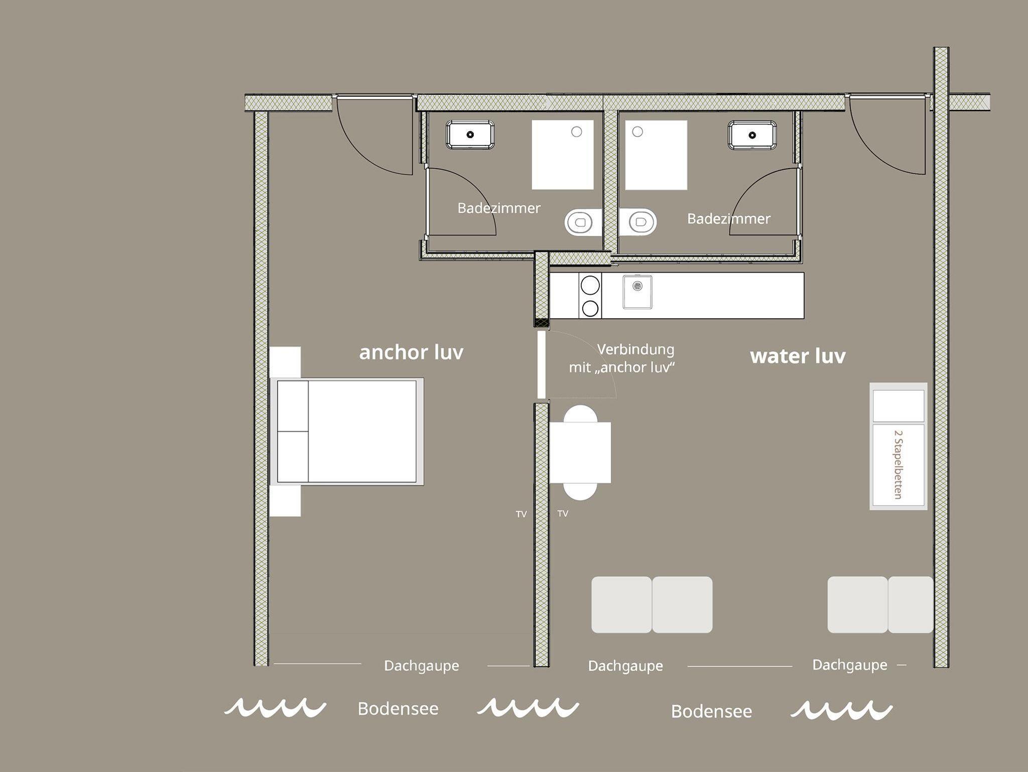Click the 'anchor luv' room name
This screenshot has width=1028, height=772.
[x=411, y=352]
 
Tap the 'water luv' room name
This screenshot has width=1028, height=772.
[x=798, y=356]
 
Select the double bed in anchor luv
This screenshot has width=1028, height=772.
[x=347, y=432]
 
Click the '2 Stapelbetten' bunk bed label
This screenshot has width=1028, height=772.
[x=898, y=464]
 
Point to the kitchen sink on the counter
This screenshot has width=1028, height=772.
[x=637, y=292]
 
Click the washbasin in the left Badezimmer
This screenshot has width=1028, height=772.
[x=470, y=134]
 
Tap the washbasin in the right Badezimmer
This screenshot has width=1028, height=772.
[x=752, y=135]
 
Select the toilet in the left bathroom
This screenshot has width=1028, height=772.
[x=583, y=222]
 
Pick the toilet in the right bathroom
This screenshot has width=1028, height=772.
[x=638, y=221]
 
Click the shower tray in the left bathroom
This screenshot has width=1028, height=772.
[x=563, y=155]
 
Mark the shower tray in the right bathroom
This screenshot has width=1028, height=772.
[x=656, y=155]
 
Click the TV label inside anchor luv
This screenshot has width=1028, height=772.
[x=521, y=514]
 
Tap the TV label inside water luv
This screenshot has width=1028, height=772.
[x=563, y=513]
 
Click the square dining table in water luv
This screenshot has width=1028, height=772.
[x=580, y=452]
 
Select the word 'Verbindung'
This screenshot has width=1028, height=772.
[x=635, y=349]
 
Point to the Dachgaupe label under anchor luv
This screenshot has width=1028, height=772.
[x=422, y=666]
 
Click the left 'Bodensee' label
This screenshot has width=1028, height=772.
[x=398, y=708]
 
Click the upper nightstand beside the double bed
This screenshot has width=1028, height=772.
[x=285, y=362]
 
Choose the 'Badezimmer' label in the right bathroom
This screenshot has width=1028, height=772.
[x=728, y=219]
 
